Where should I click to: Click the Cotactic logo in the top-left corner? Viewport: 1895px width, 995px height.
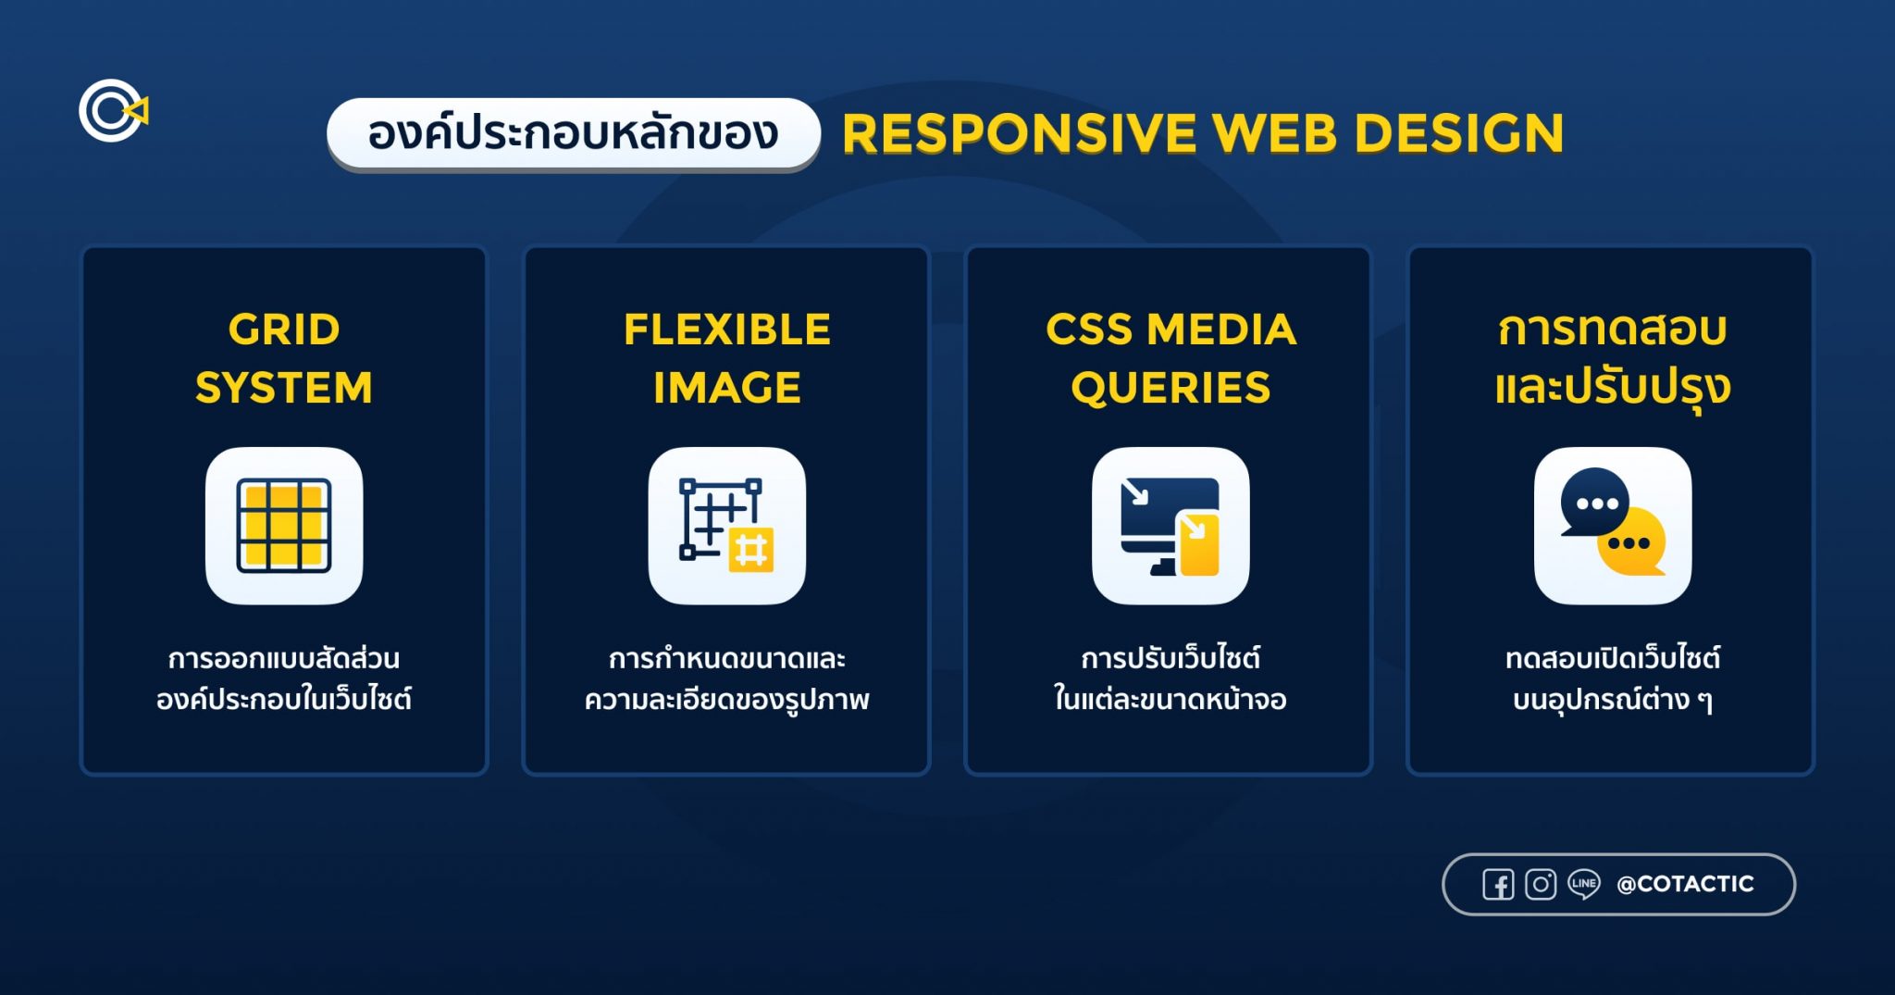pos(112,111)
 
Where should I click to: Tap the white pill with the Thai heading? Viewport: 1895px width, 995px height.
pos(573,133)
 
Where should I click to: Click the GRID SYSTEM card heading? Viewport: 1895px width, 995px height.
pos(284,358)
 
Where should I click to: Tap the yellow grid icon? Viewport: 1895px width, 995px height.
pos(284,526)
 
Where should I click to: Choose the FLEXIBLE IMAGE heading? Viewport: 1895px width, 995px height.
pos(727,358)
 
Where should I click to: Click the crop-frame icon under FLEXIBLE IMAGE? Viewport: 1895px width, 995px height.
pos(726,526)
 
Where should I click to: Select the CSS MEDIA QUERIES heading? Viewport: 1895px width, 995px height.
pos(1170,358)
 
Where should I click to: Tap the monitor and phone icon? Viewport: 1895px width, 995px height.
pos(1170,526)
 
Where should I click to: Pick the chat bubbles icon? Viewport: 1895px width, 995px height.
pos(1613,526)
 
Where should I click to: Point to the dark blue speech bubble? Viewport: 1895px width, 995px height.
pos(1593,501)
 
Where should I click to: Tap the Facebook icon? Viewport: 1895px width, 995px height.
pos(1498,885)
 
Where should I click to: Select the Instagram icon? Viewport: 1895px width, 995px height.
pos(1541,885)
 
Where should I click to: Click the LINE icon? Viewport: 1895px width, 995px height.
pos(1583,885)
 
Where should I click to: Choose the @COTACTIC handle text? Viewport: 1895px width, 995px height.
pos(1685,885)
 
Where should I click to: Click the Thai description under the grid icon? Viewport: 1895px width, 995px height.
pos(284,678)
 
